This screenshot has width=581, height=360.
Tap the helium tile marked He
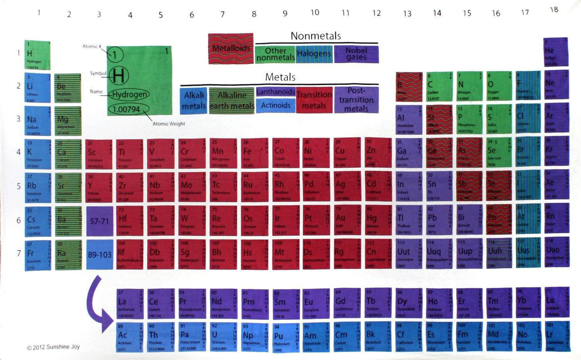(x=555, y=52)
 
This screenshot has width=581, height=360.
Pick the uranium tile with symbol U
(x=223, y=337)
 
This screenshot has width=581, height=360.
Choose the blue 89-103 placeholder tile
(x=99, y=255)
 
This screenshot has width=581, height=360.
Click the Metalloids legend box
(x=230, y=49)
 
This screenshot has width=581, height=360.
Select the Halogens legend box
(x=314, y=54)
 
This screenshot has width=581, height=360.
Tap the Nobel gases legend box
(x=356, y=54)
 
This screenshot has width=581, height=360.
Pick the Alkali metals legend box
(x=194, y=101)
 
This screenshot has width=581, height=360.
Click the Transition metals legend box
(x=314, y=100)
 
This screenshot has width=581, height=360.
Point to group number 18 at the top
(x=554, y=10)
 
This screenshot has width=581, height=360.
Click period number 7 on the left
(x=19, y=253)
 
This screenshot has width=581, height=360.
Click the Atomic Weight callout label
(x=168, y=124)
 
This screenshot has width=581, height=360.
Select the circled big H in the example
(x=119, y=75)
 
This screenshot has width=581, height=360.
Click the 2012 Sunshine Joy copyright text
(x=53, y=347)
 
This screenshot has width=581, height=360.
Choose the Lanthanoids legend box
(x=275, y=92)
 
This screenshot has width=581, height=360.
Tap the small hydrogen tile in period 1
(x=37, y=55)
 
